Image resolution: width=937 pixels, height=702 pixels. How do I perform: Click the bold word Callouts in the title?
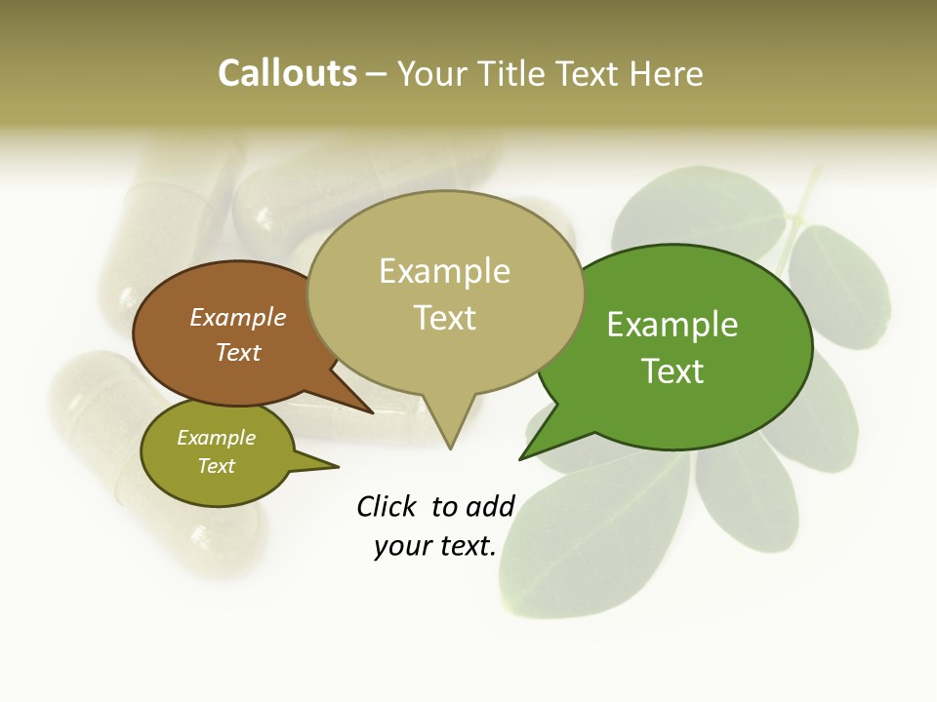pyautogui.click(x=287, y=73)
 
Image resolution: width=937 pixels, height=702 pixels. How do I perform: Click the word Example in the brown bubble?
pyautogui.click(x=237, y=317)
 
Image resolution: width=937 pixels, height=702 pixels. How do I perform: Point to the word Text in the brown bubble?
pyautogui.click(x=237, y=352)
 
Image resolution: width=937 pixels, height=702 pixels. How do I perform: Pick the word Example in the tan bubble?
pyautogui.click(x=444, y=271)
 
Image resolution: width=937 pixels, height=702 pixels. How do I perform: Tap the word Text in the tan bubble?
pyautogui.click(x=444, y=318)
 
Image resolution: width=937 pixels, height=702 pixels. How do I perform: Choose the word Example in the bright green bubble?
pyautogui.click(x=672, y=325)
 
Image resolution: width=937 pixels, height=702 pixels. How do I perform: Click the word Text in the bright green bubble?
pyautogui.click(x=672, y=371)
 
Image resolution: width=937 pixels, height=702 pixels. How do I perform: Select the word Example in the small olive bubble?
pyautogui.click(x=216, y=438)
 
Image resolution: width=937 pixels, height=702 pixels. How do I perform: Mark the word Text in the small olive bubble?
pyautogui.click(x=216, y=466)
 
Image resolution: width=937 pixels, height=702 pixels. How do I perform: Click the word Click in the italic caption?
pyautogui.click(x=387, y=506)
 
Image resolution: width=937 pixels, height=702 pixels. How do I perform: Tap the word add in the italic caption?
pyautogui.click(x=490, y=506)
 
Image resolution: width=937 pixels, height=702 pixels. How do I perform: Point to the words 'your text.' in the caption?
pyautogui.click(x=435, y=546)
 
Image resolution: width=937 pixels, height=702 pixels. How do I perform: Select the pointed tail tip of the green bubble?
pyautogui.click(x=521, y=457)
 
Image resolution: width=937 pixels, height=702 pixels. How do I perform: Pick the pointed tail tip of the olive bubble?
pyautogui.click(x=337, y=467)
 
